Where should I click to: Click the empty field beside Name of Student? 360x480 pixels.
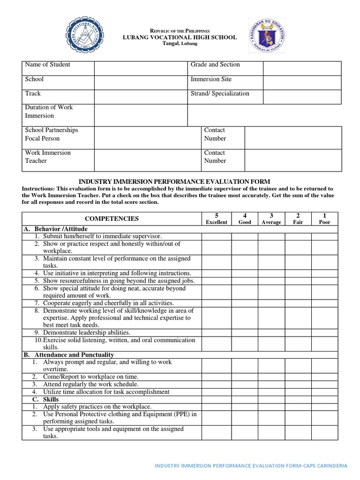[x=141, y=68]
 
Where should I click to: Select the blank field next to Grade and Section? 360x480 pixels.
[x=302, y=68]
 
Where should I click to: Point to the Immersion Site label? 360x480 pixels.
[x=211, y=79]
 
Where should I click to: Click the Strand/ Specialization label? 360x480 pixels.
[x=220, y=93]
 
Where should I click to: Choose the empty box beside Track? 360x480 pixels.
[x=141, y=97]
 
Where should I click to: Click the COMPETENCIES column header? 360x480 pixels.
[x=112, y=218]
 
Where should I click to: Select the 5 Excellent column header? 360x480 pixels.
[x=216, y=218]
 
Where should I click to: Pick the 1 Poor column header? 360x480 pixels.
[x=324, y=218]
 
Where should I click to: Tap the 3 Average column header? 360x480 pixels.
[x=271, y=218]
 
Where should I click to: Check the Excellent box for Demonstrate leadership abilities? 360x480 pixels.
[x=216, y=332]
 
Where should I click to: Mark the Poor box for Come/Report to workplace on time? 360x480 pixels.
[x=324, y=377]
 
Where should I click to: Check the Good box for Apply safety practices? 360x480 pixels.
[x=245, y=406]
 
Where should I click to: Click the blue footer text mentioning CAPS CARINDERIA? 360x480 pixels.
[x=251, y=466]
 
